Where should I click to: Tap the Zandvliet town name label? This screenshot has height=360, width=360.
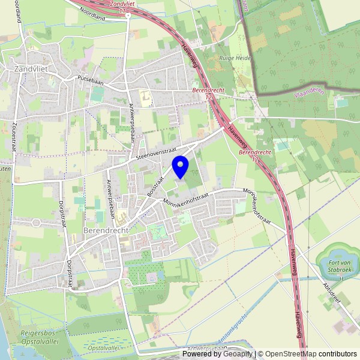(31, 69)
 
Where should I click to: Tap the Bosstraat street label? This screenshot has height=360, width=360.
(155, 186)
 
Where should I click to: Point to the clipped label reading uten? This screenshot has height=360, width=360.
(5, 170)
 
